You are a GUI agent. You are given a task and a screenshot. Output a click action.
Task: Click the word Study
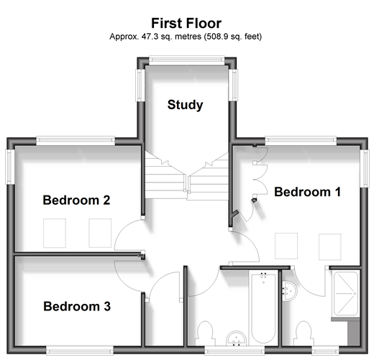[x=185, y=105]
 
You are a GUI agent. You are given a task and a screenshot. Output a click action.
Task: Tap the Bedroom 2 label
[x=76, y=200]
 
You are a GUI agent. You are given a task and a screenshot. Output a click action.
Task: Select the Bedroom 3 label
[x=77, y=306]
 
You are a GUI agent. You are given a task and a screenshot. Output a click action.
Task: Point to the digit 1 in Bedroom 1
[x=338, y=192]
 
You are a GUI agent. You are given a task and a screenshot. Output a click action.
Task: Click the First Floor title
[x=186, y=23]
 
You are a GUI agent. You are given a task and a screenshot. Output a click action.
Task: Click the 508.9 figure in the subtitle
[x=216, y=37]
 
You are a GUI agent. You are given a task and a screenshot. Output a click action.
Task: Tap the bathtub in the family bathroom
[x=263, y=309]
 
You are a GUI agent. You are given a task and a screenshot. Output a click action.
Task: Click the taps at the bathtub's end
[x=263, y=275]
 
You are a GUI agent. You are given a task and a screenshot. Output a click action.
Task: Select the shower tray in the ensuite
[x=346, y=294]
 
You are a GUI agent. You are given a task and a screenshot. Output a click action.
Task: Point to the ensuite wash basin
[x=289, y=291]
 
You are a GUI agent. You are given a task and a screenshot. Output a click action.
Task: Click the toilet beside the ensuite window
[x=304, y=333]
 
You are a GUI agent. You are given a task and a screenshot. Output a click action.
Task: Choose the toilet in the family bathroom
[x=204, y=333]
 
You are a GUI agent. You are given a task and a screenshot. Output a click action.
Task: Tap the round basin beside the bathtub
[x=237, y=338]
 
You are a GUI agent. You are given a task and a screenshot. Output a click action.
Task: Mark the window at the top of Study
[x=186, y=60]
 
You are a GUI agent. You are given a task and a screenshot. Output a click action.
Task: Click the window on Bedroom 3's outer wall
[x=80, y=351]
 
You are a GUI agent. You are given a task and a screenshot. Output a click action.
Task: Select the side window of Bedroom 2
[x=10, y=167]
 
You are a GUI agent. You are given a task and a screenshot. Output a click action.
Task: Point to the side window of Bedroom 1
[x=365, y=168]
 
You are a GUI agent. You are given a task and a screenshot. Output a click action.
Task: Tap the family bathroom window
[x=234, y=351]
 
